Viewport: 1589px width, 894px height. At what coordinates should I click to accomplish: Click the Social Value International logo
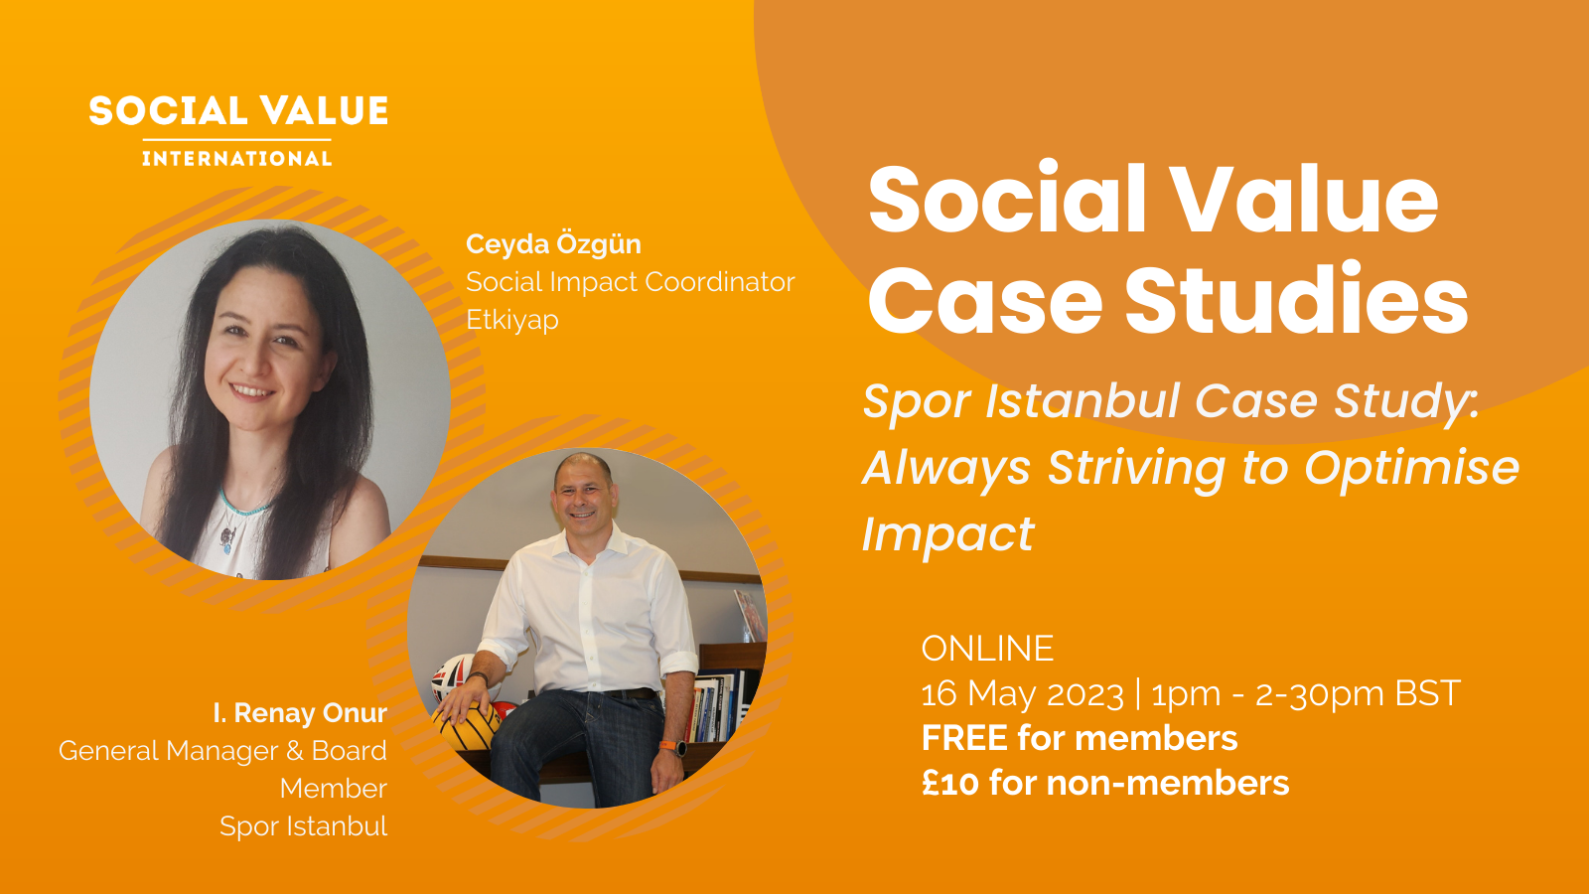click(x=238, y=130)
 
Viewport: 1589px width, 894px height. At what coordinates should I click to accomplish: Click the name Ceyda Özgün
click(x=553, y=244)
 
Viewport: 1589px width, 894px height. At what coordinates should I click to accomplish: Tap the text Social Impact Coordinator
click(x=630, y=282)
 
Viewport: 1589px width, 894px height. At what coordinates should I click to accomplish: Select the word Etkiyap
click(x=511, y=320)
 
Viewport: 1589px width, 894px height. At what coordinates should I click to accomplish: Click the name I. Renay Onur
click(x=300, y=713)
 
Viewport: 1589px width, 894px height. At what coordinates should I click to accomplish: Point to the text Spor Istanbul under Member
click(x=303, y=826)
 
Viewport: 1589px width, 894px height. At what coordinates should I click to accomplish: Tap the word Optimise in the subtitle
click(x=1411, y=468)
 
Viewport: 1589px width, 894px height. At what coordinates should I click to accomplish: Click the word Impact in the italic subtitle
click(x=947, y=534)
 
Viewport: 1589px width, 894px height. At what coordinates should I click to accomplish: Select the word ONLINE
click(x=987, y=649)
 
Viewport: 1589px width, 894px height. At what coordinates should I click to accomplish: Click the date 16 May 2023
click(x=1022, y=693)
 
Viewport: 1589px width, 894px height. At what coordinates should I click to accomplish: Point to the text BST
click(x=1427, y=693)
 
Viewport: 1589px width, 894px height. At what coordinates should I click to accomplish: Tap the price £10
click(x=950, y=783)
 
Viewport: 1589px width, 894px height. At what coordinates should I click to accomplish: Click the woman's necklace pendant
click(x=227, y=539)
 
